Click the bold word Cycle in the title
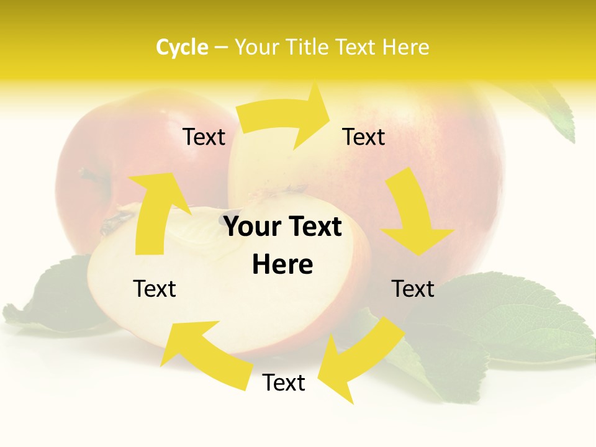[182, 47]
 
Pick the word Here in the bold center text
[282, 264]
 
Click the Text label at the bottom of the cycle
[284, 382]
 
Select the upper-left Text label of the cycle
[204, 137]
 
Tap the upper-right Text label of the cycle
[364, 137]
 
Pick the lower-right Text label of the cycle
[413, 289]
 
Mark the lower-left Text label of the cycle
[155, 289]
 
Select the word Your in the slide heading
[255, 47]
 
